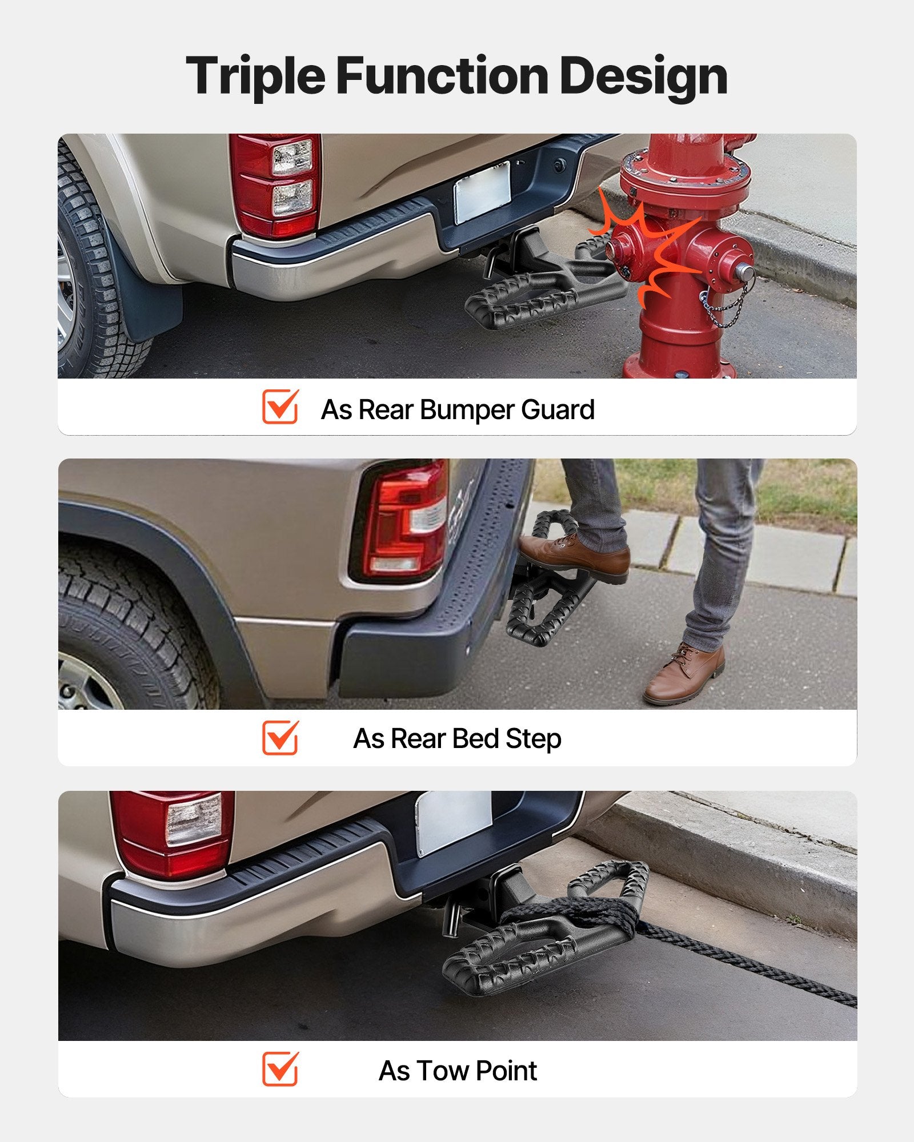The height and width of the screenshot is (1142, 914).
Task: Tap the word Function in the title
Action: click(x=442, y=75)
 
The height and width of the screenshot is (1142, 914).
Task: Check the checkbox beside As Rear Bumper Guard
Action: click(x=280, y=407)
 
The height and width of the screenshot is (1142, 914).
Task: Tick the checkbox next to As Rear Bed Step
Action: click(x=280, y=737)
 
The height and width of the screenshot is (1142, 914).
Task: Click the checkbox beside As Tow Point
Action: click(x=280, y=1068)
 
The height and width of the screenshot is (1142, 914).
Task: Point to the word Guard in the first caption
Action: click(x=558, y=409)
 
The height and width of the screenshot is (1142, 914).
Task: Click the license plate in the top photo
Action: click(x=483, y=192)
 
